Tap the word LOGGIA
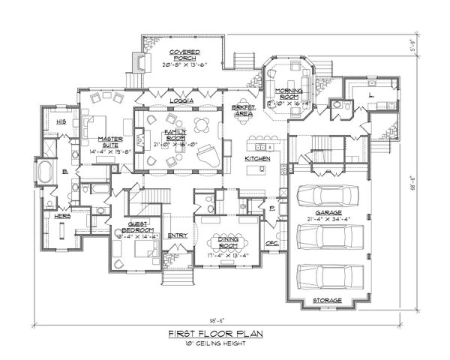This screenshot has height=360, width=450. pos(182,100)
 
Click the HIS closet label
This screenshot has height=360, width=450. pos(61,120)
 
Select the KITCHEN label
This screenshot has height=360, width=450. pos(257,159)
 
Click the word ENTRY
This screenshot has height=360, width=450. pos(177,235)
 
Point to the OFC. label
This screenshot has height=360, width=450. pos(274,244)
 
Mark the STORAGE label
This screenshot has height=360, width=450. pos(327,301)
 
